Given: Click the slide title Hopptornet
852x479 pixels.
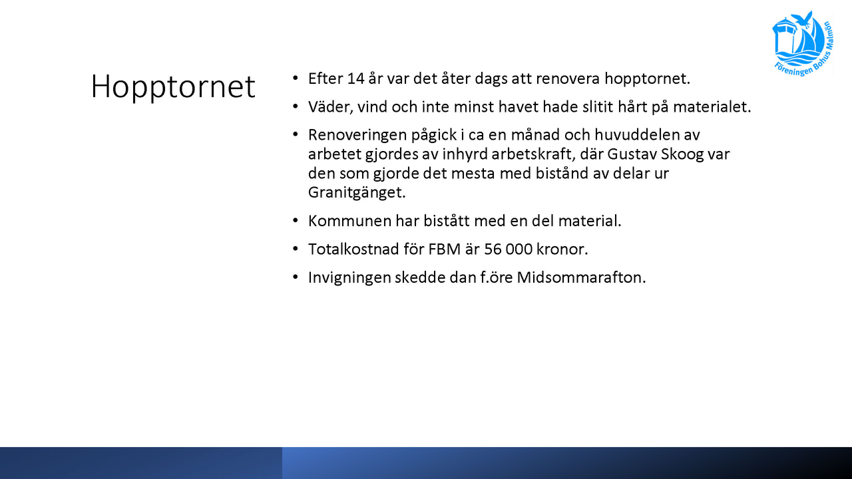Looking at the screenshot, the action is pyautogui.click(x=173, y=87).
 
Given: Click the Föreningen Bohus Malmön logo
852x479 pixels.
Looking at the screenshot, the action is pyautogui.click(x=803, y=44).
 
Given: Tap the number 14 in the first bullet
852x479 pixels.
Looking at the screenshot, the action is pyautogui.click(x=355, y=79).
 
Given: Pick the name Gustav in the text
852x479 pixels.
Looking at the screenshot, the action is pyautogui.click(x=632, y=154).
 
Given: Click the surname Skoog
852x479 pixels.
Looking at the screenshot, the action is pyautogui.click(x=682, y=154).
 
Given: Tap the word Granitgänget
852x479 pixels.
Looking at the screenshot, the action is pyautogui.click(x=357, y=193).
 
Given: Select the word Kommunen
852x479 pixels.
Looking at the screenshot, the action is pyautogui.click(x=349, y=221).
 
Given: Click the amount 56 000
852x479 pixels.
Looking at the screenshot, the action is pyautogui.click(x=508, y=249).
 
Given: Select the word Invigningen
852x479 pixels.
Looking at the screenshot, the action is pyautogui.click(x=349, y=278).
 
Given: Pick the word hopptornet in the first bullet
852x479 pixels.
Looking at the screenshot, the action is pyautogui.click(x=647, y=79).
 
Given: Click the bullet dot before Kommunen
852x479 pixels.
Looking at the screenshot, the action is pyautogui.click(x=295, y=220).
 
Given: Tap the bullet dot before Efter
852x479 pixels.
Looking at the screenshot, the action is pyautogui.click(x=295, y=79).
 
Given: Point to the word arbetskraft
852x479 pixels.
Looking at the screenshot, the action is pyautogui.click(x=533, y=154).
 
